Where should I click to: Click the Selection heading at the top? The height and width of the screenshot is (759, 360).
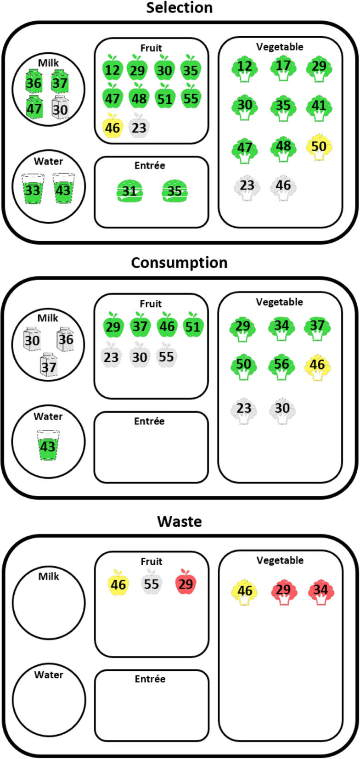tap(179, 8)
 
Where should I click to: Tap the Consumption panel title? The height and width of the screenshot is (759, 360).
tap(179, 263)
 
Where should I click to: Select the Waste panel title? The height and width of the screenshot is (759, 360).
tap(179, 522)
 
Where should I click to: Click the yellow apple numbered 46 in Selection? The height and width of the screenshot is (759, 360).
tap(112, 127)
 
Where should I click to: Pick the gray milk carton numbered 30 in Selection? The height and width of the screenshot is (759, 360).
tap(60, 109)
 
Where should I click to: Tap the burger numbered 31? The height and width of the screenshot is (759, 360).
tap(130, 191)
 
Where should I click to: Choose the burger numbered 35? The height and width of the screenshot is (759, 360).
tap(174, 191)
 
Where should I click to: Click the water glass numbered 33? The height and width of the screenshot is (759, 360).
tap(33, 189)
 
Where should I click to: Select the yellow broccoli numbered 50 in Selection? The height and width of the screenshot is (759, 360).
tap(319, 147)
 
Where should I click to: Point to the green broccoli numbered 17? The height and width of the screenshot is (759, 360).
tap(283, 67)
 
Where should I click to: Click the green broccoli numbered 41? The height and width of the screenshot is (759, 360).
tap(319, 107)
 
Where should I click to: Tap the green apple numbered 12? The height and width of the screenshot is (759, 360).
tap(112, 70)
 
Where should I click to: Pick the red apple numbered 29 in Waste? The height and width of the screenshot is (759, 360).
tap(186, 584)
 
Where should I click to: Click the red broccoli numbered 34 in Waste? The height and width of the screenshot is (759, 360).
tap(321, 590)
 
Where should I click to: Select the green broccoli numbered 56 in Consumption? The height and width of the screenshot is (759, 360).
tap(281, 365)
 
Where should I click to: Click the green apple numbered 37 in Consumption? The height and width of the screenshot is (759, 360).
tap(140, 326)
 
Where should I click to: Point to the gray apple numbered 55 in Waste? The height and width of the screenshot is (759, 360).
tap(151, 584)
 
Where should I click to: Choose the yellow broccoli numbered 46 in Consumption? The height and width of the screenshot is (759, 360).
tap(317, 366)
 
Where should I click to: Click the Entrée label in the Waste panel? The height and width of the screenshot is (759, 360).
tap(150, 679)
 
